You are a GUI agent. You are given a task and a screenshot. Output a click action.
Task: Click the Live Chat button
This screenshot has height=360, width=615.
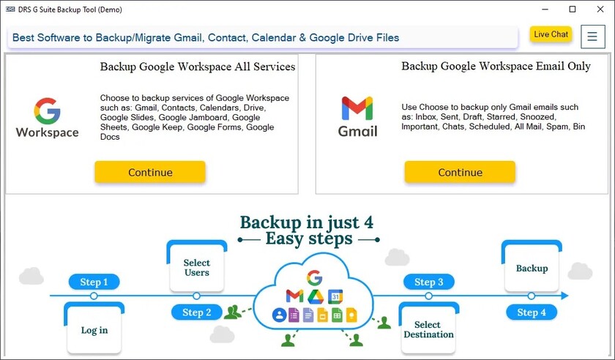(551, 34)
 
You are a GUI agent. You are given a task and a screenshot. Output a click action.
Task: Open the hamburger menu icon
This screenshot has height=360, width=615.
(592, 37)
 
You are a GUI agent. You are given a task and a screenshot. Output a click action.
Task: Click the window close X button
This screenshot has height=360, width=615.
(600, 9)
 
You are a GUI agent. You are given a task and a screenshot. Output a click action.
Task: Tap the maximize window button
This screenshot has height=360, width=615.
(573, 9)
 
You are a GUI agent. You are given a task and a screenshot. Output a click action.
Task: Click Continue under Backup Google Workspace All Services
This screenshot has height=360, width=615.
(150, 172)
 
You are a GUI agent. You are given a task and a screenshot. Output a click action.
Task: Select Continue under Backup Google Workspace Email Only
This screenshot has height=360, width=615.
(460, 172)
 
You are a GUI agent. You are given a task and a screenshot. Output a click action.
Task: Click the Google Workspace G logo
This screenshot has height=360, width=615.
(47, 111)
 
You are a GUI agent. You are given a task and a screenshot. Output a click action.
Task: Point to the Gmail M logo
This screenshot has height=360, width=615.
(357, 108)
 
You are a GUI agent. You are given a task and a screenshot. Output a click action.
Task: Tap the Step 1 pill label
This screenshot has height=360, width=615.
(94, 282)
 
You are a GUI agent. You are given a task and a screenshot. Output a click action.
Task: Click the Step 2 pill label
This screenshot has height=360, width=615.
(196, 312)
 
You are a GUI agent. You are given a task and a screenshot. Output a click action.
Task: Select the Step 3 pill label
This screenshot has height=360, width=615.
(429, 282)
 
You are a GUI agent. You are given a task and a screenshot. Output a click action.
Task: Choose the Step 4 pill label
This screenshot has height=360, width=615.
(532, 312)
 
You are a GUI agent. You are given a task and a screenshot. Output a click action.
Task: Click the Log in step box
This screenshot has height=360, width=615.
(94, 328)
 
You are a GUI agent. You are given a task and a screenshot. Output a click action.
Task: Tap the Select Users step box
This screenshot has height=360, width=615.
(197, 266)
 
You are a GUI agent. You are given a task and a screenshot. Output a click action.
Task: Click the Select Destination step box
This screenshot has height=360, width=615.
(429, 328)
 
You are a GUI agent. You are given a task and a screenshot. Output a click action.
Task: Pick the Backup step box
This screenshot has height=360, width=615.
(532, 266)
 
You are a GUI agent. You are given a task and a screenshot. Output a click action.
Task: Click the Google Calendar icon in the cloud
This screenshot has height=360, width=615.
(335, 296)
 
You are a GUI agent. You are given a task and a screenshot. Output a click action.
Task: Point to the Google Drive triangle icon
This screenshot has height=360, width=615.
(316, 297)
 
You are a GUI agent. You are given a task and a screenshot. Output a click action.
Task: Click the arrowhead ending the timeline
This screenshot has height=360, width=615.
(564, 296)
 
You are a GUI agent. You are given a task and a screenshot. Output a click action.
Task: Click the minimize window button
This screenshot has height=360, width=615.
(545, 9)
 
